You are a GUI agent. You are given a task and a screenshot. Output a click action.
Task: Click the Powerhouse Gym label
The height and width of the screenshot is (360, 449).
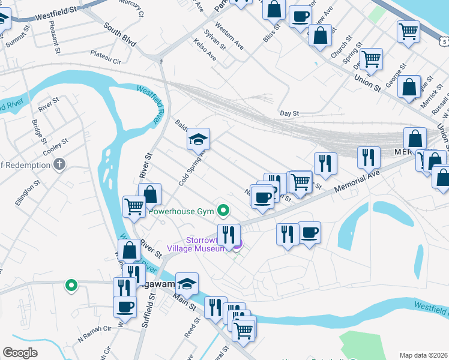click(182, 211)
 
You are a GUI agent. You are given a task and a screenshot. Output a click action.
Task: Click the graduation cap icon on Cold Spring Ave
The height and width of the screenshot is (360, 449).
click(198, 139)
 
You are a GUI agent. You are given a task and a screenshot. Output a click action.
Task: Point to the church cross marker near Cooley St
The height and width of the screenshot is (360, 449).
click(59, 164)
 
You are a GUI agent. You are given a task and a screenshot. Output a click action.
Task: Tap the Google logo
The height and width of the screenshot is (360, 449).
click(20, 353)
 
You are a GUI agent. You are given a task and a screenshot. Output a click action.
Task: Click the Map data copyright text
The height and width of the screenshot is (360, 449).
click(423, 355)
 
